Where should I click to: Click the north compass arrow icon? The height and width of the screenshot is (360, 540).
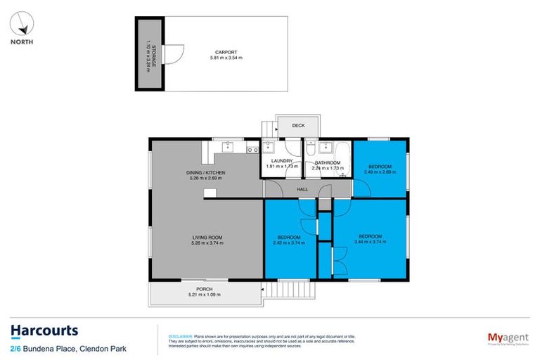coord(24,25)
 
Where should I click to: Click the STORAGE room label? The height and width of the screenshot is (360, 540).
coord(147,53)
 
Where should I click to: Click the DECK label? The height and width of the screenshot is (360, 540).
coord(299,126)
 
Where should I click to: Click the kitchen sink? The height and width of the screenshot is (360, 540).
coord(228,147)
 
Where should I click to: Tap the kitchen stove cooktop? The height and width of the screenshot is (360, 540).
coord(252,148)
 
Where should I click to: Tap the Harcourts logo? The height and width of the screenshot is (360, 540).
coord(44,330)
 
